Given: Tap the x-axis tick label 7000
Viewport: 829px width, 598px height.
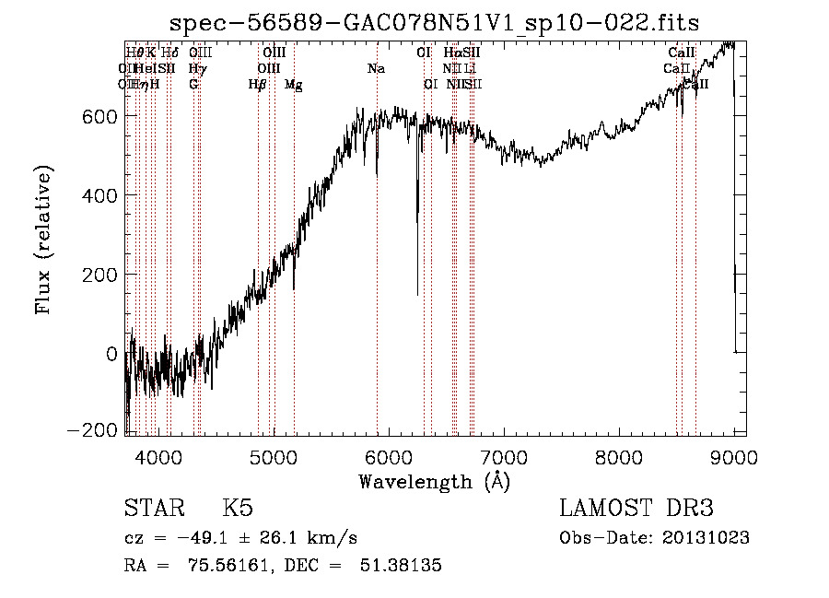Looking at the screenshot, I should point(503,457).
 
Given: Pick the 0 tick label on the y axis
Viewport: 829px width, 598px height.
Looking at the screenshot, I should point(111,354).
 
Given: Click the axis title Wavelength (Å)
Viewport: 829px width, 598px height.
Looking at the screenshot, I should point(435,481).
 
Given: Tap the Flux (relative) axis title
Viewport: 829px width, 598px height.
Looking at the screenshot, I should point(43,240).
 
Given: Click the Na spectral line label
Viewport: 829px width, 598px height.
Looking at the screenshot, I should point(376,69).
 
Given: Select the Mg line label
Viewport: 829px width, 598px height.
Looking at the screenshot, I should point(293,85).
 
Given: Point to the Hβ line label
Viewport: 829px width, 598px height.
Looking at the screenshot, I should point(257,85).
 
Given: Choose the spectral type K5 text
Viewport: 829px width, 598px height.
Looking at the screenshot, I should point(238,509).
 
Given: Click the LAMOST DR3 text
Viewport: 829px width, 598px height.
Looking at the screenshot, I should point(636,509).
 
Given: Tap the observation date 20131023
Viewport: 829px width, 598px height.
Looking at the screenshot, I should point(706,538).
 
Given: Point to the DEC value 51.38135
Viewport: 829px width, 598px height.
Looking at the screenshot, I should point(400,566).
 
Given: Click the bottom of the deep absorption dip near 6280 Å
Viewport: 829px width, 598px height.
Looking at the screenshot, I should point(417,294).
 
